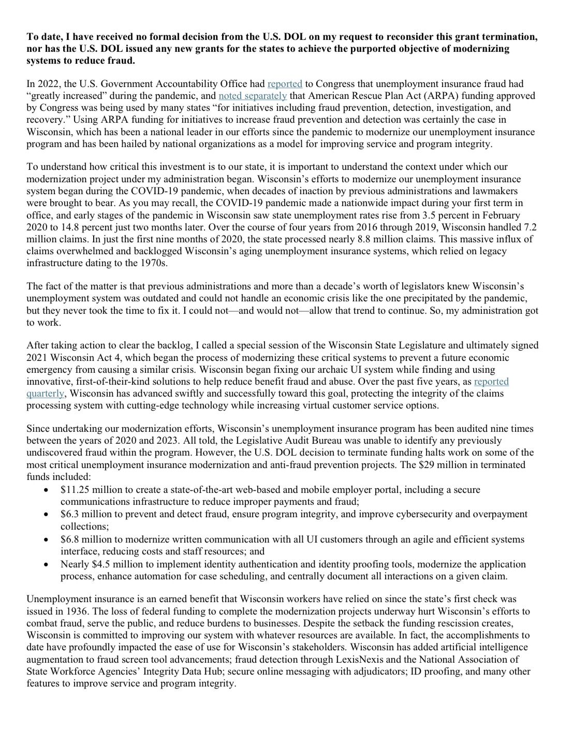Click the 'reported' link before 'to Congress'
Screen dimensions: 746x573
click(x=285, y=84)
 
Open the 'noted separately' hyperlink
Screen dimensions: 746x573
click(x=253, y=96)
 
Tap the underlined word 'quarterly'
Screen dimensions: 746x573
click(x=46, y=393)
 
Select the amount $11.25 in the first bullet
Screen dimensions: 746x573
click(x=72, y=490)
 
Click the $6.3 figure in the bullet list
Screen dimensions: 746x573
click(x=70, y=515)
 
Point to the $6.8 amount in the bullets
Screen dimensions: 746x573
click(x=70, y=539)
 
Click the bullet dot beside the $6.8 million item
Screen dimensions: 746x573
click(x=47, y=540)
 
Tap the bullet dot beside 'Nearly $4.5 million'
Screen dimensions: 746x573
click(x=47, y=565)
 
